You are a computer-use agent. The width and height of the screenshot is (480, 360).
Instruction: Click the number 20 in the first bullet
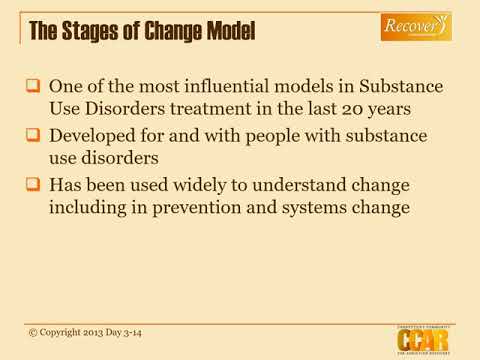421,108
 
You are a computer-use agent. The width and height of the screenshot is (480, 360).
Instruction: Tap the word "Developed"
93,135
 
